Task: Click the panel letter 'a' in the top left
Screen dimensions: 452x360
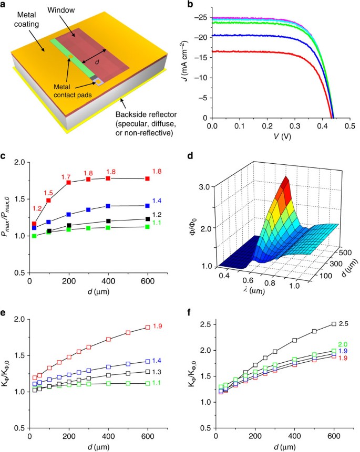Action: (x=4, y=5)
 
